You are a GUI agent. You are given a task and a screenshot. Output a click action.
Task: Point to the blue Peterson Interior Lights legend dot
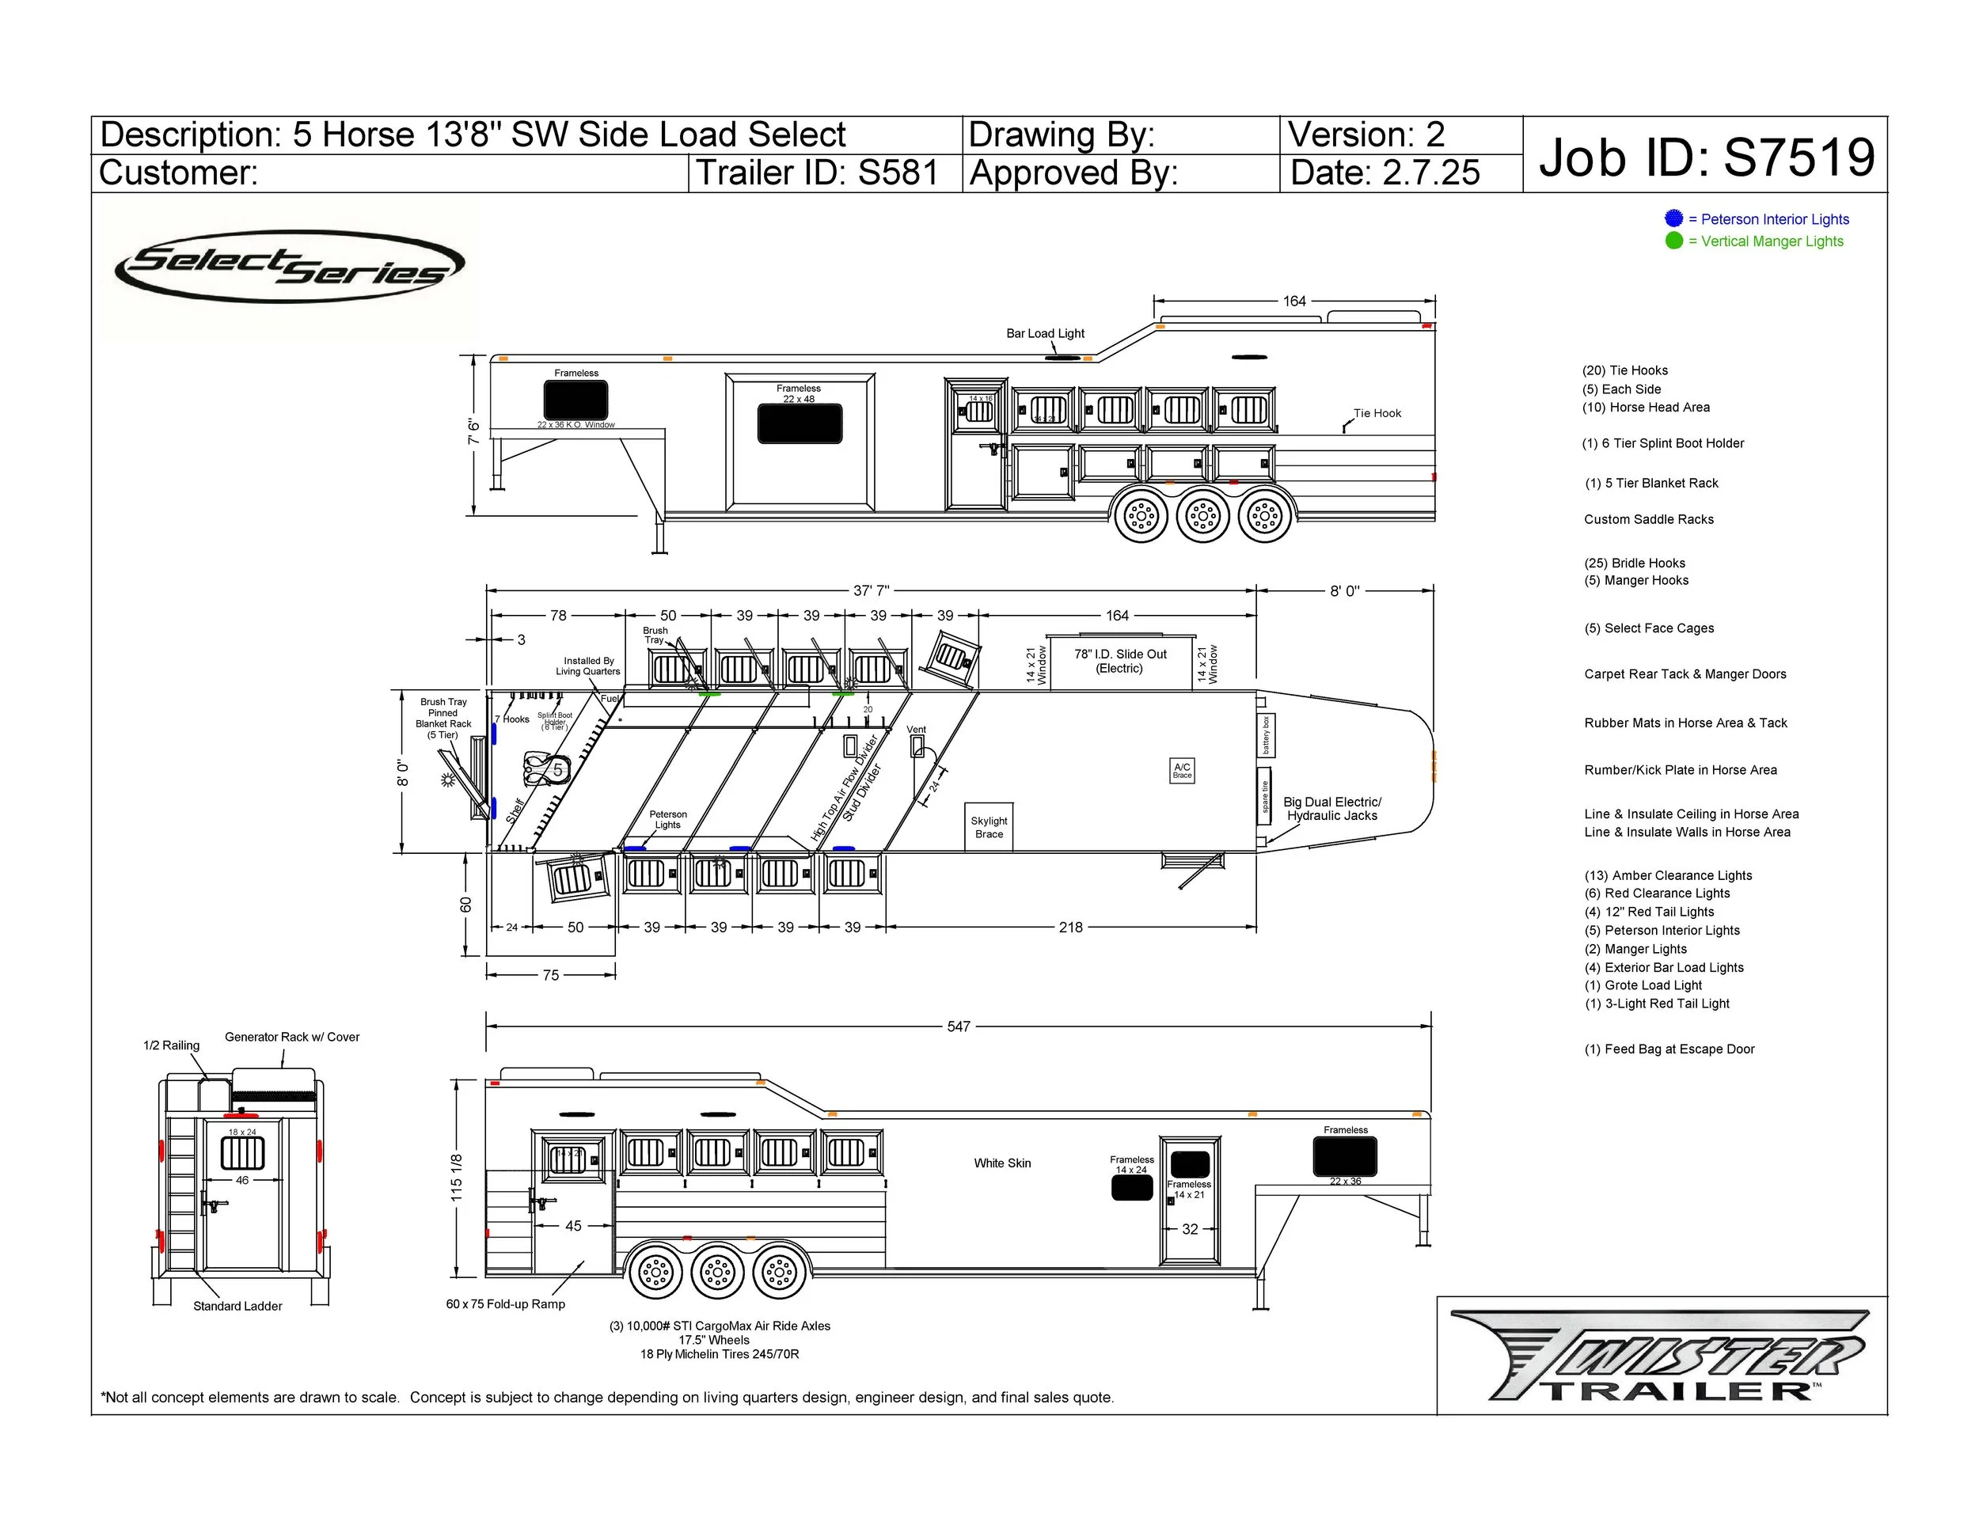[1673, 218]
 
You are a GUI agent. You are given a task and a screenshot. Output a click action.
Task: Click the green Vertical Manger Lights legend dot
[1673, 241]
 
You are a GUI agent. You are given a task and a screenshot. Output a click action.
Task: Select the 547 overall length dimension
[959, 1026]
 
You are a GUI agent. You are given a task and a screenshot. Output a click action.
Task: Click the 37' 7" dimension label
[871, 590]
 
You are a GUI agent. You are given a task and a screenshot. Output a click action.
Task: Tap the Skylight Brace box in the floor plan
[989, 827]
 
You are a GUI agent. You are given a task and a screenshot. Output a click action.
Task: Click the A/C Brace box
[1182, 770]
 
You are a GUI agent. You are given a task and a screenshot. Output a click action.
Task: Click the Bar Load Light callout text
[1045, 333]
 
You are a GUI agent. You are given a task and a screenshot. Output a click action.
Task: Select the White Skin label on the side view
[1002, 1163]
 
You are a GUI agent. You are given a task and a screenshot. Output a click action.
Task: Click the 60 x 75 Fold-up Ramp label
[506, 1304]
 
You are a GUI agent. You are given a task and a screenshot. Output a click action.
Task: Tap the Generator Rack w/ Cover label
[292, 1038]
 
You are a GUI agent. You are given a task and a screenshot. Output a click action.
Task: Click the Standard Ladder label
[237, 1306]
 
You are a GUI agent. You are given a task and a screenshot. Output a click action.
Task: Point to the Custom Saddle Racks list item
[1648, 519]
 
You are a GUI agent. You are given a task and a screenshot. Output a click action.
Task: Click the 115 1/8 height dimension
[457, 1178]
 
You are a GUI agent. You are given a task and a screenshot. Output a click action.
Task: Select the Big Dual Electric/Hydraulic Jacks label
[1332, 809]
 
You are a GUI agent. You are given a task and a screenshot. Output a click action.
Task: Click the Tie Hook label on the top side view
[1377, 413]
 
